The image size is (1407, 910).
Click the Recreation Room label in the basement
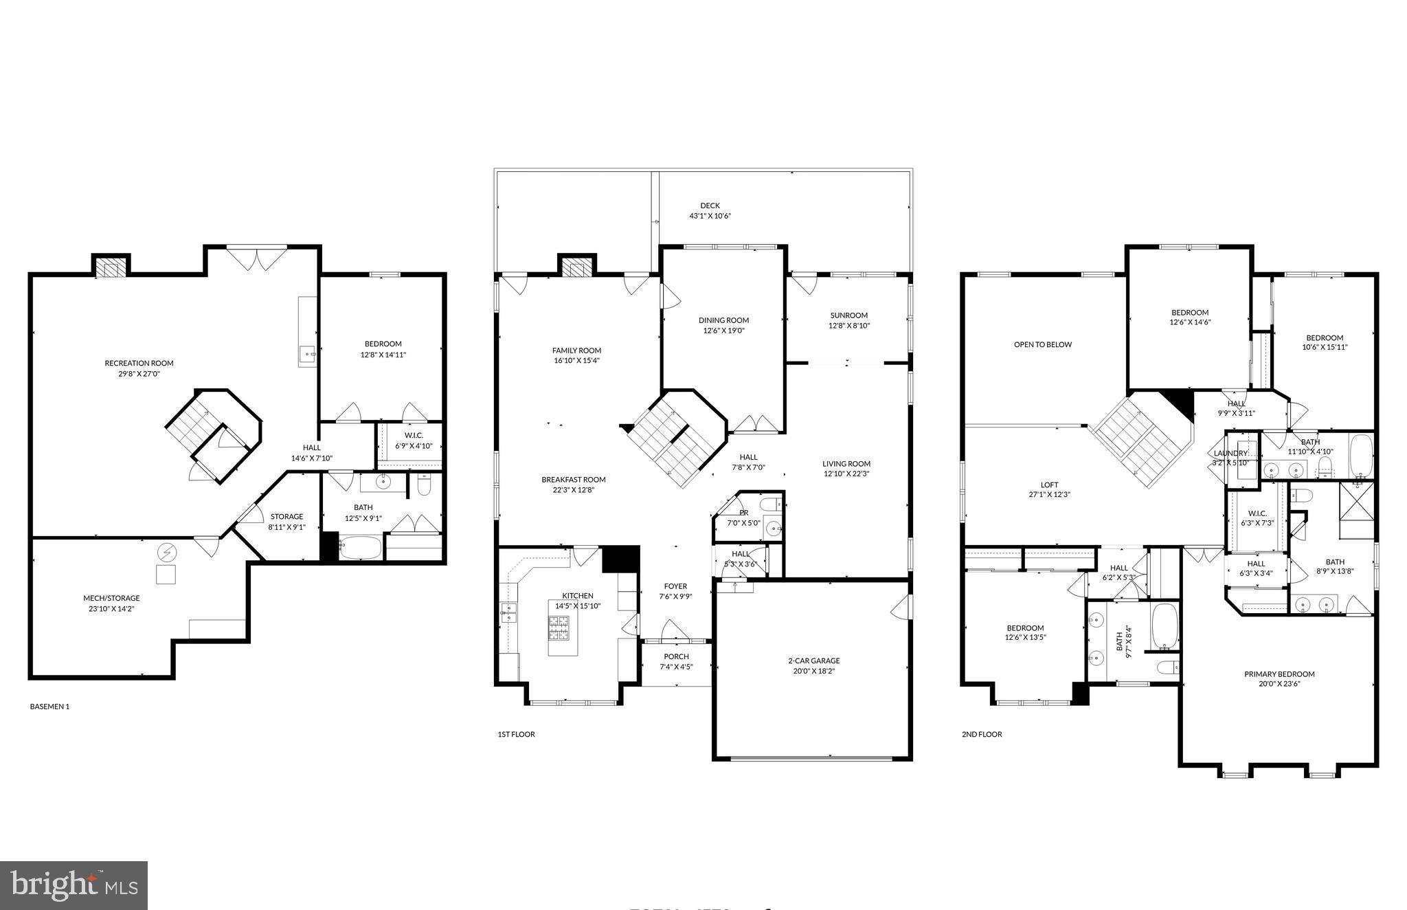click(x=139, y=363)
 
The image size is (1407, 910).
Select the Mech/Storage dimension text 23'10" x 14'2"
click(x=111, y=608)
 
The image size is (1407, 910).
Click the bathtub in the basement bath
click(x=360, y=548)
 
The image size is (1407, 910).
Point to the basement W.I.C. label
click(x=414, y=435)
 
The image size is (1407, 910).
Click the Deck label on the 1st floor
click(x=710, y=206)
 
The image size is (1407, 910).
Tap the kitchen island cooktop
click(x=558, y=628)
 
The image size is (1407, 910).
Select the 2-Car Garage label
click(x=813, y=661)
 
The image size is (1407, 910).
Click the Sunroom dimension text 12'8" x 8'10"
click(x=849, y=326)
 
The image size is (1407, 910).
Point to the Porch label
click(x=676, y=656)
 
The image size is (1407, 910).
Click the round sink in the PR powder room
click(x=774, y=529)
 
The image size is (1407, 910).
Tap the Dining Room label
click(x=723, y=320)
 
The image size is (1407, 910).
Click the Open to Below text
click(x=1042, y=344)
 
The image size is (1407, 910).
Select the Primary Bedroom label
click(x=1279, y=674)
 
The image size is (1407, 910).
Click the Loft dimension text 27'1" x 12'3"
click(x=1050, y=494)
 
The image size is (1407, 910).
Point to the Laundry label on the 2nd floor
click(x=1230, y=454)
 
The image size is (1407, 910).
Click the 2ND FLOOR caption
click(x=982, y=734)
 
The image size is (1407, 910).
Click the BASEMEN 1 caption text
click(x=49, y=706)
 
